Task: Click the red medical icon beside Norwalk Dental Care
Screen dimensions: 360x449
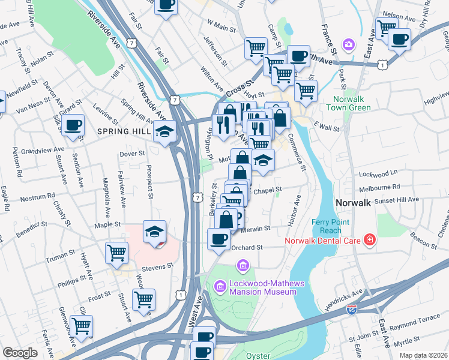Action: [370, 241]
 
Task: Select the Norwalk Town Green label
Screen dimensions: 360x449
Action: [348, 103]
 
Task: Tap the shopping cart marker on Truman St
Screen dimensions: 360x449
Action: [116, 252]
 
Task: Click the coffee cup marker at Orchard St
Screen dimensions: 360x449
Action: [218, 238]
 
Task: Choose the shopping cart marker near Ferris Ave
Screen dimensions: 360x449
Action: [81, 326]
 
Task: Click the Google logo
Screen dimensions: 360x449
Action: [19, 353]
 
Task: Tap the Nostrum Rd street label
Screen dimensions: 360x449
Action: [37, 196]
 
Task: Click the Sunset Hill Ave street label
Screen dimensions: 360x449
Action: [397, 199]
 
